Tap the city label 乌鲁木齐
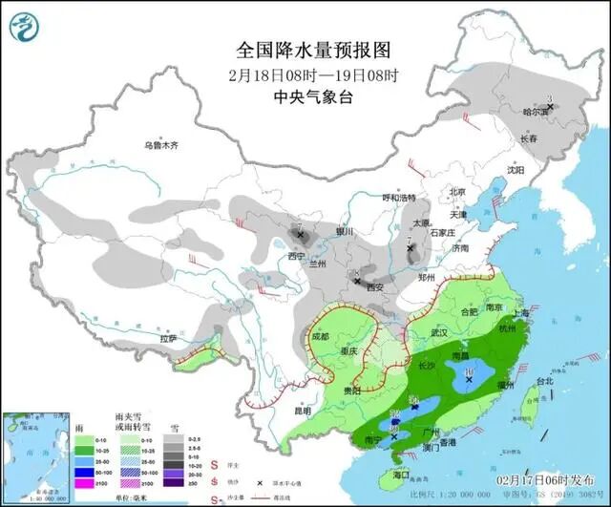[x=161, y=146]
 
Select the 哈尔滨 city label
[x=537, y=112]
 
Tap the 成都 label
[x=324, y=336]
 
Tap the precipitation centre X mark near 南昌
[x=469, y=379]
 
